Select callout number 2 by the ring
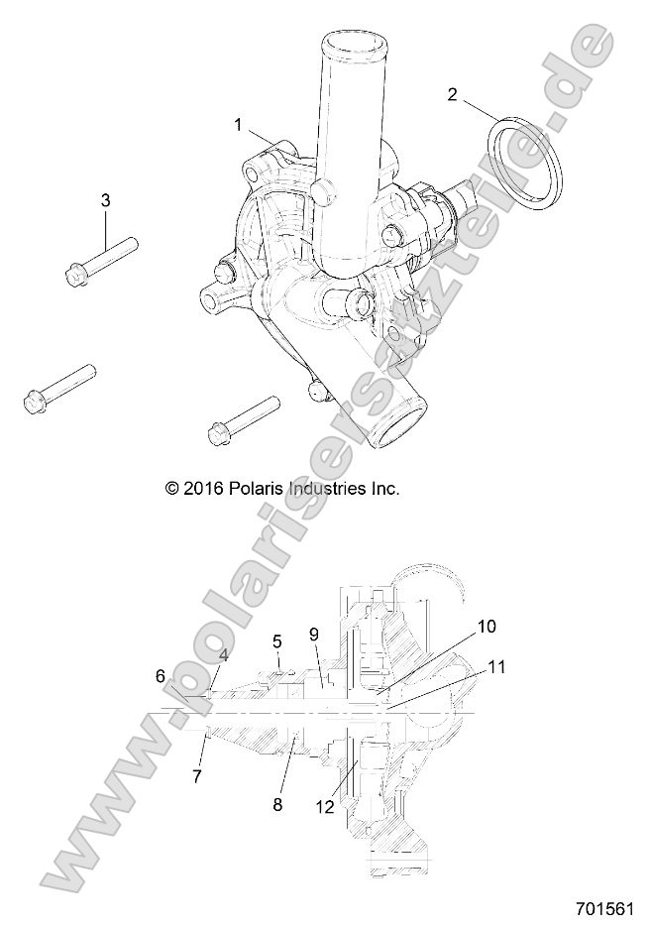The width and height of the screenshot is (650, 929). coord(453,95)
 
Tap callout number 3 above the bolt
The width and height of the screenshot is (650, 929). coord(106,200)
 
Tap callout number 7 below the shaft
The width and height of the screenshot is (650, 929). coord(196,776)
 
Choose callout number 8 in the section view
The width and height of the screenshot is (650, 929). coord(277,805)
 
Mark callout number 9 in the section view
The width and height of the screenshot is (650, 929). coord(313,634)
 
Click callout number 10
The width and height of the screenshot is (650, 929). coord(487,626)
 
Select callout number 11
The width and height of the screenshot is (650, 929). coord(496,667)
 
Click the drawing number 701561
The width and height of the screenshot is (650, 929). coord(603,908)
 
